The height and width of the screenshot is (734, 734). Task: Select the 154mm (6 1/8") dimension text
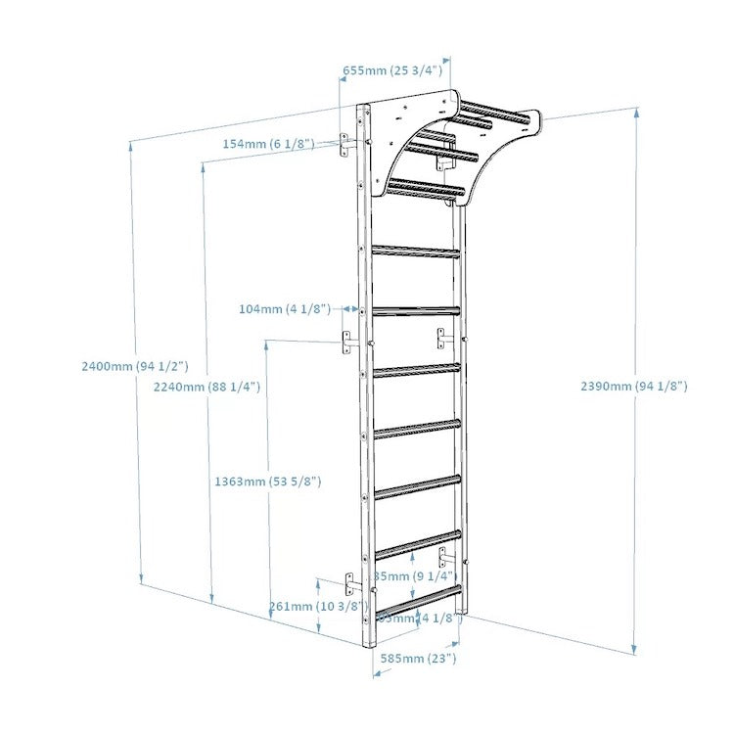268,144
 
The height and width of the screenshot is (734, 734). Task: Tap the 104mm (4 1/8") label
284,309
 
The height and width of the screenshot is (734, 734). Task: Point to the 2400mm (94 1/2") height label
136,366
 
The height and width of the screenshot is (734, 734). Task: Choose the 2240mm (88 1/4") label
206,387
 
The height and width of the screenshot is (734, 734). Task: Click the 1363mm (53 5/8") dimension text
268,482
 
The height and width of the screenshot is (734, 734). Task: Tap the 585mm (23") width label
418,659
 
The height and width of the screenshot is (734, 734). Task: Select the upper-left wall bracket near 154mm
347,144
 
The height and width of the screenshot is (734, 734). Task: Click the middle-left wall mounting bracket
346,343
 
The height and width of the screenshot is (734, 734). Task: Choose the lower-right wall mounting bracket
443,558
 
